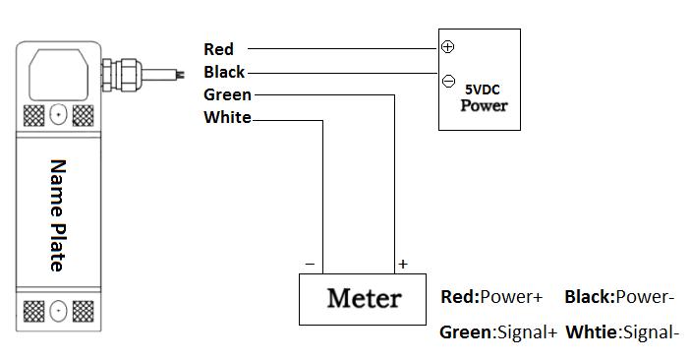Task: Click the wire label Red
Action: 219,49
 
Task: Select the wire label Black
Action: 224,72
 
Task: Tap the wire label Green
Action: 227,94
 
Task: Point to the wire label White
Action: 227,117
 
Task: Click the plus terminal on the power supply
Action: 447,46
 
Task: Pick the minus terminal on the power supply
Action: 448,81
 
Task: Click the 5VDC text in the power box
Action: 483,90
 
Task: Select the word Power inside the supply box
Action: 484,105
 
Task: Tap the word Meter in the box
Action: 364,298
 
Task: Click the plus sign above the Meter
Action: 403,264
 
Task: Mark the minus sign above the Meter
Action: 310,264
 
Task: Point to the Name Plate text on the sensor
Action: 58,215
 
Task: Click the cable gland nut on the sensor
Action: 122,75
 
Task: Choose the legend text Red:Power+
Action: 491,297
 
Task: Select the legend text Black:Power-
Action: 619,297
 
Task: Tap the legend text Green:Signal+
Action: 498,332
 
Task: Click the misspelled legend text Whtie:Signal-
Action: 622,332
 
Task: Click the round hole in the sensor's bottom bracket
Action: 58,311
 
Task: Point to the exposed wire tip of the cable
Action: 180,75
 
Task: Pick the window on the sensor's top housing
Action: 59,75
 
